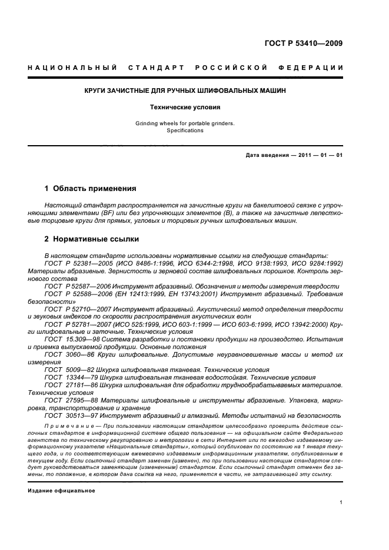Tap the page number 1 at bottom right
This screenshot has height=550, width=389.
[x=341, y=502]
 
